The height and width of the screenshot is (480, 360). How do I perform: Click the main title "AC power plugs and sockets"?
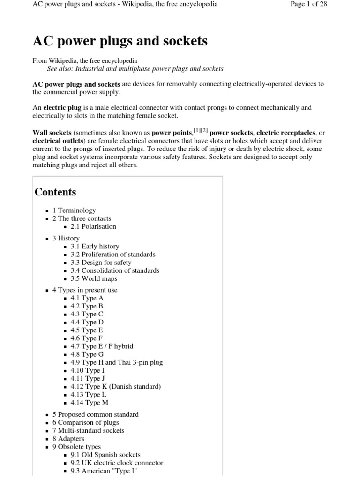tap(120, 41)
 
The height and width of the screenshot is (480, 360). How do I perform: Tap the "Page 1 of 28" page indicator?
tap(309, 4)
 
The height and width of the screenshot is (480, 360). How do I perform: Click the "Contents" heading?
tap(55, 192)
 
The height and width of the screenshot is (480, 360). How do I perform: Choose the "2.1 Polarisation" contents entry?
tap(93, 226)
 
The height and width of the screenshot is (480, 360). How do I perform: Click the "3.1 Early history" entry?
tap(95, 246)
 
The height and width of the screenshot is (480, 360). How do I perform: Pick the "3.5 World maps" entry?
tap(94, 278)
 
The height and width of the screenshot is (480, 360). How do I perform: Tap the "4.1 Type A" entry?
tap(87, 298)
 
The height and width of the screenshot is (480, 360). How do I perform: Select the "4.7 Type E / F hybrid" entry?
tap(102, 346)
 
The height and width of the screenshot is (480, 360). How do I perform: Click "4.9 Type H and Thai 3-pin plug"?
tap(117, 362)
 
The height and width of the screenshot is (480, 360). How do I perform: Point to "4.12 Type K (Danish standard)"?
tap(115, 386)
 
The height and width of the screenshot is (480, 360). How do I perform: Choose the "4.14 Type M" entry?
tap(90, 402)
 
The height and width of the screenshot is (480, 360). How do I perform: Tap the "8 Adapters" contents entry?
tap(68, 438)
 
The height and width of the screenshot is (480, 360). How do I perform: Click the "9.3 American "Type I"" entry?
tap(100, 471)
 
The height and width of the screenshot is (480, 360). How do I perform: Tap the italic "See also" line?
tap(135, 68)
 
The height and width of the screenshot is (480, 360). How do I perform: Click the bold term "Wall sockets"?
tap(52, 133)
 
